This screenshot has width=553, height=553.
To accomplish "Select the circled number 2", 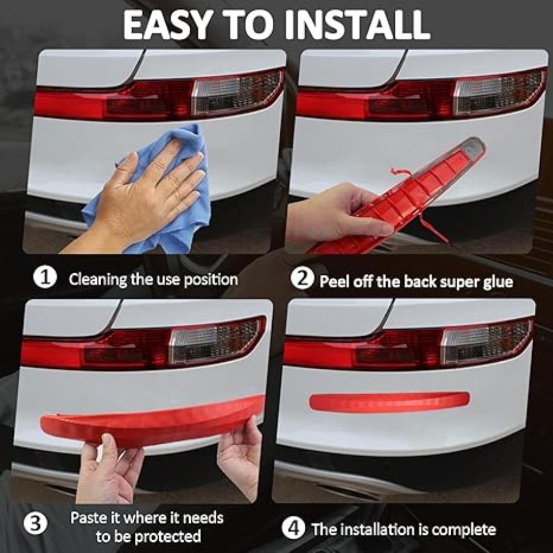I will click(x=301, y=279).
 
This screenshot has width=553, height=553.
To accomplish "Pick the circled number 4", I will click(x=293, y=528).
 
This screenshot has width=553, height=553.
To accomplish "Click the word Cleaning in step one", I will click(x=97, y=279).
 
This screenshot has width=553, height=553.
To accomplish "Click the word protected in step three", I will click(x=166, y=536).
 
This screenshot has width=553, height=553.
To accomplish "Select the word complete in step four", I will click(x=463, y=530).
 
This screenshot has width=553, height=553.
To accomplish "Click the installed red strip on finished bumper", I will click(x=389, y=402).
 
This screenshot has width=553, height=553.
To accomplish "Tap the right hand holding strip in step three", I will click(x=242, y=453).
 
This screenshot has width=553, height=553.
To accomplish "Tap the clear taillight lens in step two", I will click(x=498, y=91).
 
